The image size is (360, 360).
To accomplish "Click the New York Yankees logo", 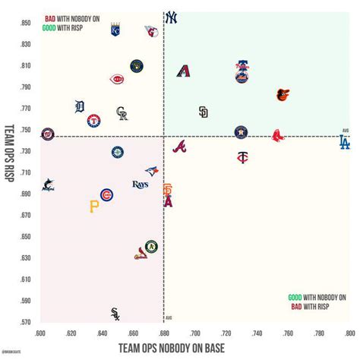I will tap(171, 17).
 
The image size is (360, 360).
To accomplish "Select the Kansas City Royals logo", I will tap(116, 30).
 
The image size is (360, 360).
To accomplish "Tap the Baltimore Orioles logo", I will tap(283, 95).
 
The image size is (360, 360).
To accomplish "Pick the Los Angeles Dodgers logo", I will tap(344, 142).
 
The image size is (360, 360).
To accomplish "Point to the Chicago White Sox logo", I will tap(115, 313).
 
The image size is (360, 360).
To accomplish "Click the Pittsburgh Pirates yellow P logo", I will tap(94, 206).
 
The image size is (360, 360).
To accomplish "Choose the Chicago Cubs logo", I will tap(106, 195).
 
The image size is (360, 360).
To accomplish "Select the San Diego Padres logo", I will tap(203, 112).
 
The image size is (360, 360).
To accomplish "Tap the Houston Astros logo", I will tap(242, 132).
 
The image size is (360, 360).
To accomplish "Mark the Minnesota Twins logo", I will tap(242, 158).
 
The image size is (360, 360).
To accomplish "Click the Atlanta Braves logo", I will tap(179, 147).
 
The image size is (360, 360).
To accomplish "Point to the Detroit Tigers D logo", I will tap(80, 106).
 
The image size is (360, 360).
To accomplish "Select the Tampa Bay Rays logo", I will tap(140, 185).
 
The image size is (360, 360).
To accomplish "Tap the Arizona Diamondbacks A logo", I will tap(183, 71).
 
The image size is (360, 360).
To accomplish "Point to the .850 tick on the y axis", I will tap(26, 23).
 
